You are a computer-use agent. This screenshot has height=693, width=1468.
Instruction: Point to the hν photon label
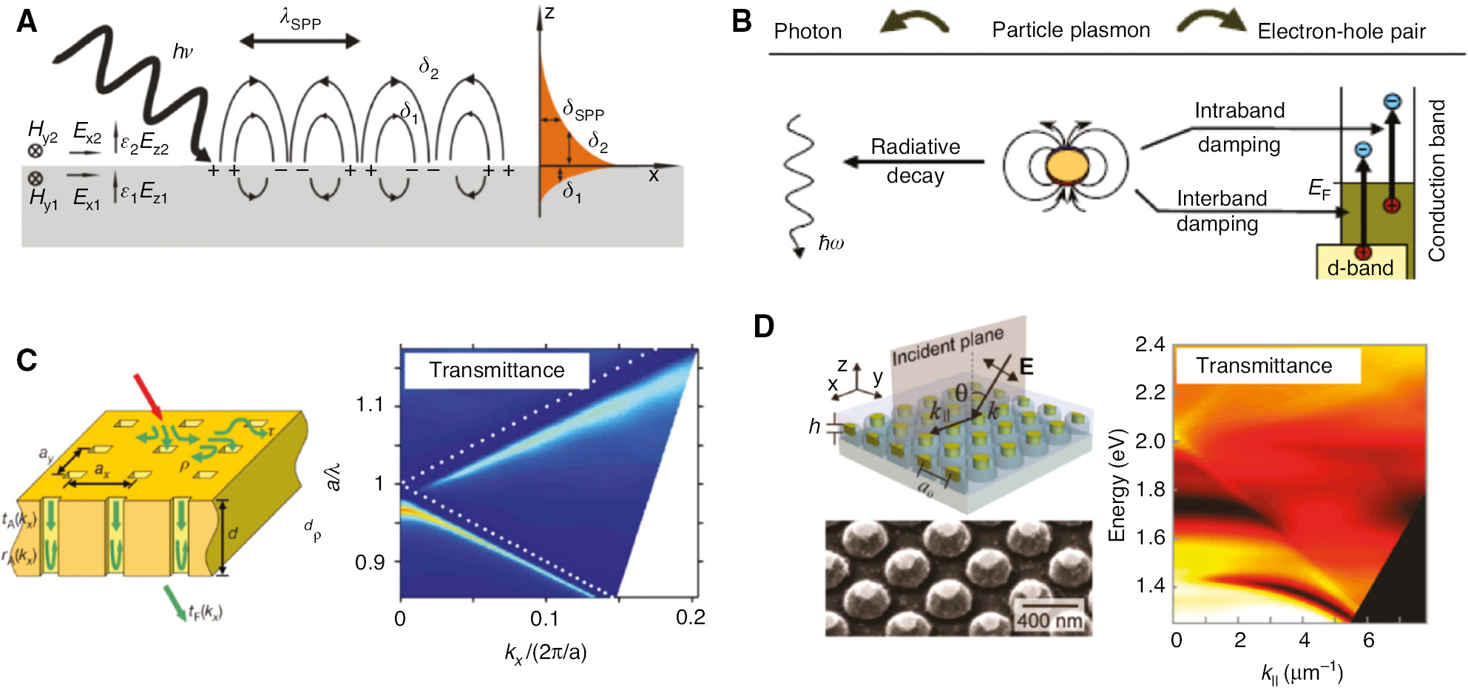coord(182,52)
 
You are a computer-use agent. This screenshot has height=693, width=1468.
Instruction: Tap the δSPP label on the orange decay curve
coord(584,111)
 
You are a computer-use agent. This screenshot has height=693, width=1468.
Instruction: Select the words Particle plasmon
coord(1070,30)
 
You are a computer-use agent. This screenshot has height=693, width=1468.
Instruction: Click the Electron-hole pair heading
coord(1341,32)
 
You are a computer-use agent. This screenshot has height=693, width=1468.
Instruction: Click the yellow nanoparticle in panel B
coord(1066,166)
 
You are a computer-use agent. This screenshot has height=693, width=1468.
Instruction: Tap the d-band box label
coord(1360,268)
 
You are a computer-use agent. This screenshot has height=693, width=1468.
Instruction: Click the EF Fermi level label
coord(1319,189)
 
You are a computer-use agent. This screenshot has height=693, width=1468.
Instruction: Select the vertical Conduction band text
coord(1436,181)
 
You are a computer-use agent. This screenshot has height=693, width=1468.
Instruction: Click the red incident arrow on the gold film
coord(148,395)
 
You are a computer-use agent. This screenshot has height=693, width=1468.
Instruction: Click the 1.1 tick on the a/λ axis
coord(369,405)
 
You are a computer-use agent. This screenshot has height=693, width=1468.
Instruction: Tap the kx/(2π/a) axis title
coord(546,652)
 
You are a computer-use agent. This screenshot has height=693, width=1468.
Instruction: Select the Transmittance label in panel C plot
coord(496,370)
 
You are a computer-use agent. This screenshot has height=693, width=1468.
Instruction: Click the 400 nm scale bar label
coord(1049,620)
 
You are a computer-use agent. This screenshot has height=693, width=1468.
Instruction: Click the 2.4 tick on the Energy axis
coord(1150,345)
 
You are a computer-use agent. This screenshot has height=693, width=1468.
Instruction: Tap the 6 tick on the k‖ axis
coord(1368,640)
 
